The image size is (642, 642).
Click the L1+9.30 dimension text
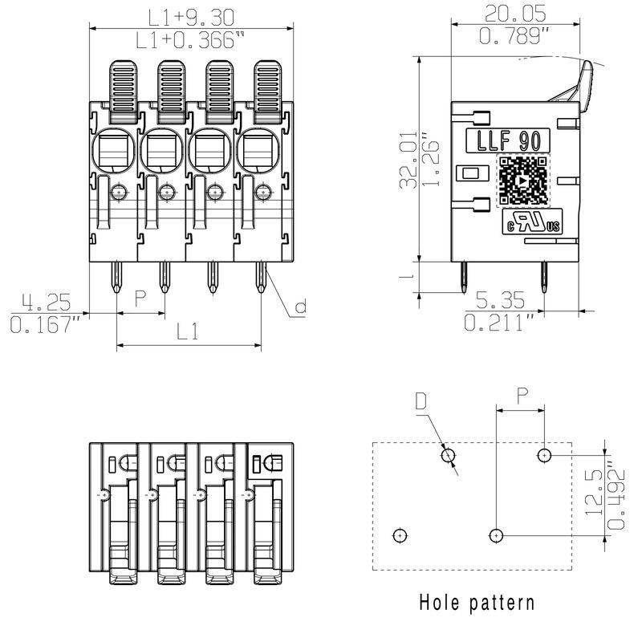[188, 16]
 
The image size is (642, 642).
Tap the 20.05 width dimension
[515, 13]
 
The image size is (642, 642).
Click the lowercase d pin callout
[300, 307]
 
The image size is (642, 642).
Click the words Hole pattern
[477, 601]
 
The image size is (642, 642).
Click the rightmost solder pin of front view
[261, 279]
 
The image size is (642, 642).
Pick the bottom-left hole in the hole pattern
[400, 534]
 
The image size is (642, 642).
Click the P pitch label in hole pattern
[522, 395]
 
